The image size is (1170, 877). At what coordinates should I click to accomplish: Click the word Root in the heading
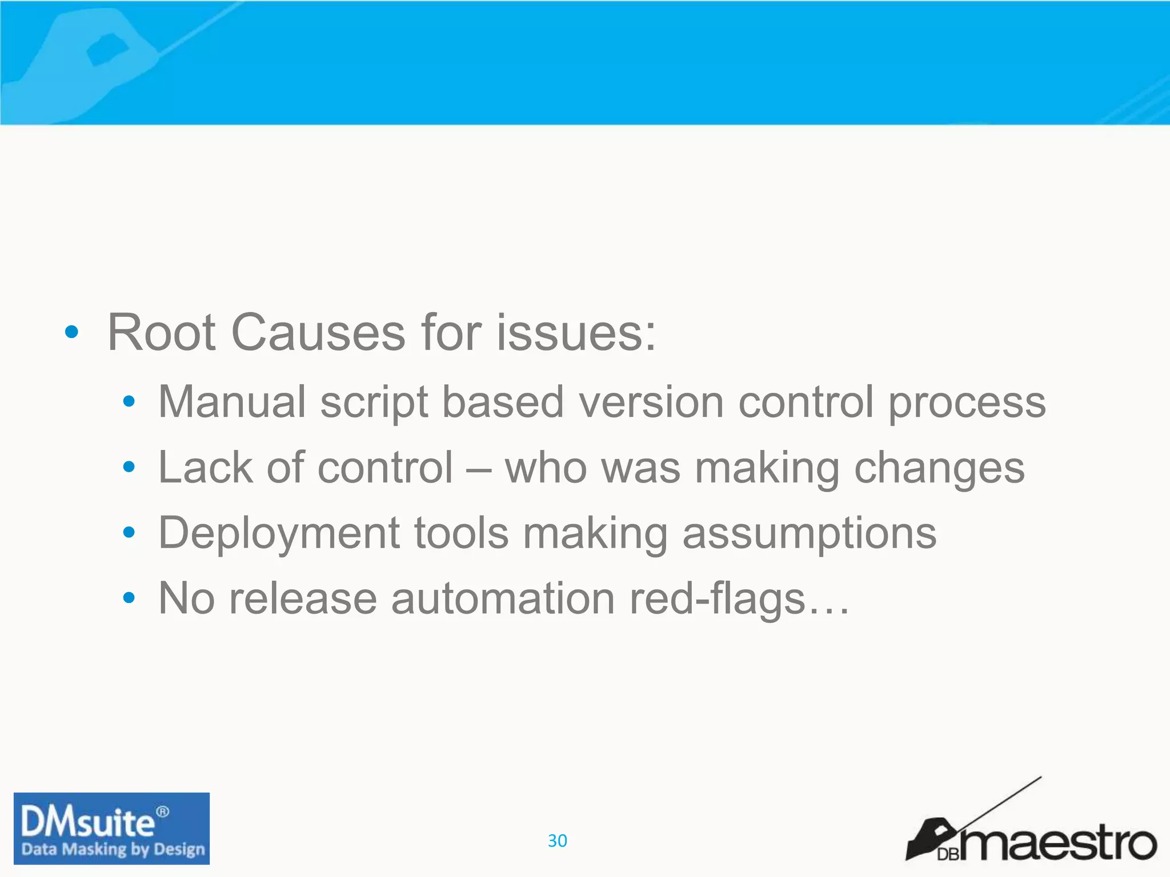point(161,333)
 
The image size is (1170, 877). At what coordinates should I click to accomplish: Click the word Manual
point(232,402)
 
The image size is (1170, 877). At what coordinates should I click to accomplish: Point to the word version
point(651,402)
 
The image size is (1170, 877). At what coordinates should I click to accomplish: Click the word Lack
point(205,468)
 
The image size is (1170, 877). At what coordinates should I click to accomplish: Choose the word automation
point(503,599)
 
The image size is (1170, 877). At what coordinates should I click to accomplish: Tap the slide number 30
point(557,840)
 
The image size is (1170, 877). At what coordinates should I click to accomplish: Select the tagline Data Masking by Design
point(113,850)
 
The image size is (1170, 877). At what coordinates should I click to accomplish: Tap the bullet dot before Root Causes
point(71,332)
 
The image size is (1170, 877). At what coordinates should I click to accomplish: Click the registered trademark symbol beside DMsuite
point(163,811)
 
